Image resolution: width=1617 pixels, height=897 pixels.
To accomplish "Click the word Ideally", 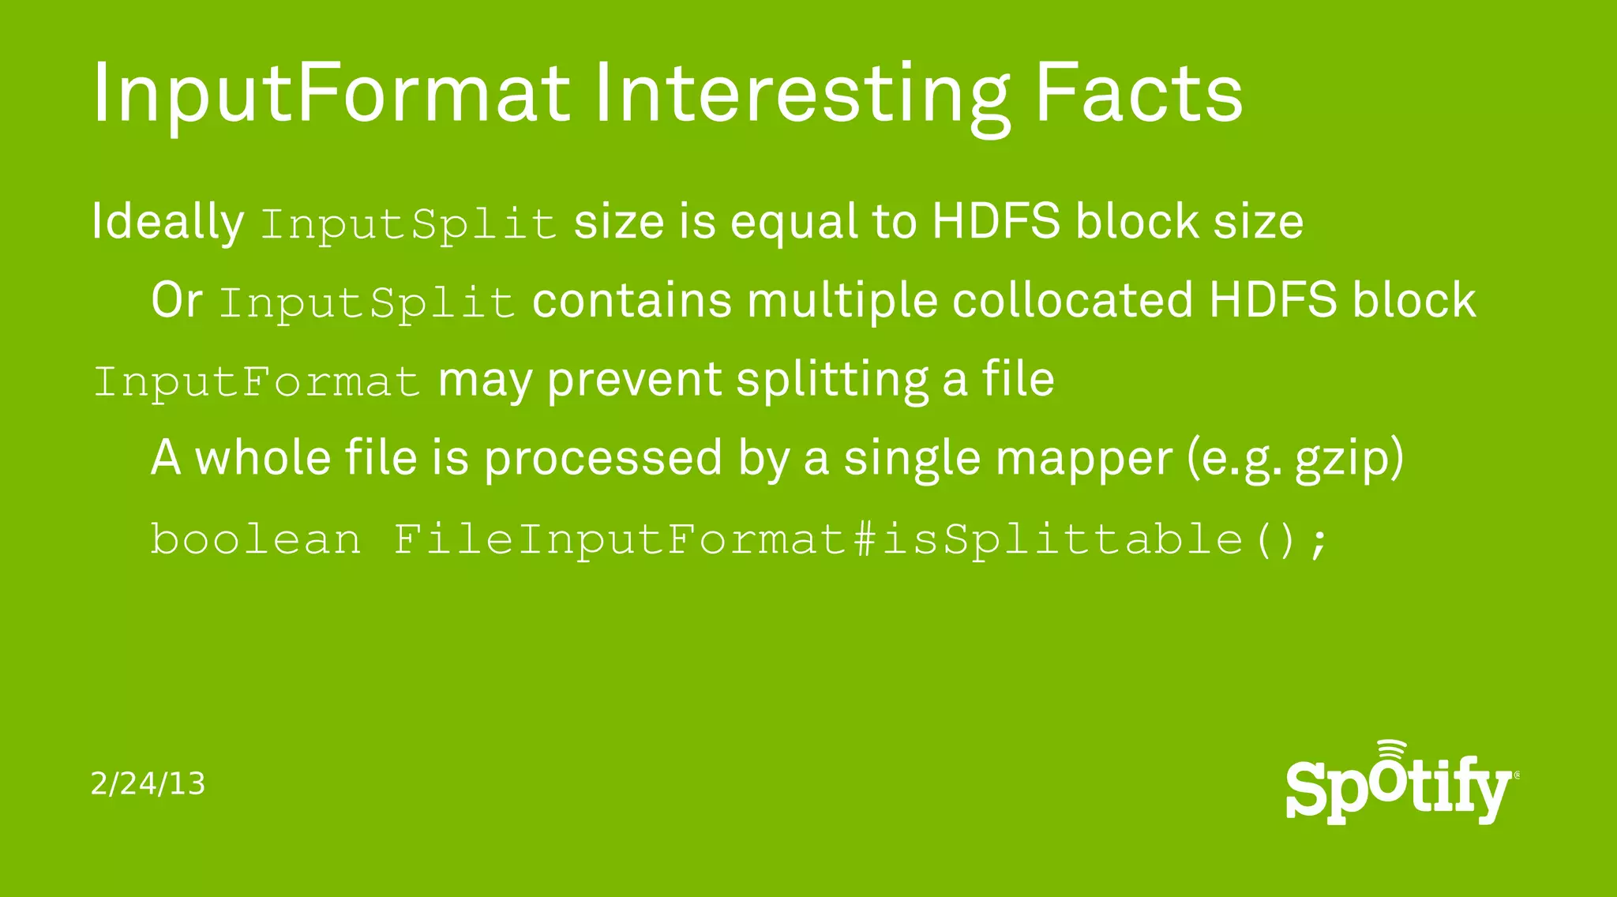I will pyautogui.click(x=167, y=222).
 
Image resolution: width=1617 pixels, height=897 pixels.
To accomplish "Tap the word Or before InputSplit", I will pyautogui.click(x=177, y=301).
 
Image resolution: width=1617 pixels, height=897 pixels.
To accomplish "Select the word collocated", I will pyautogui.click(x=1072, y=301).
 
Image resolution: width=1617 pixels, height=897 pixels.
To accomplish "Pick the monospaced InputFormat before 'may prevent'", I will pyautogui.click(x=257, y=382).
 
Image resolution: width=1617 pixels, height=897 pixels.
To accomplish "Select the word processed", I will pyautogui.click(x=602, y=459).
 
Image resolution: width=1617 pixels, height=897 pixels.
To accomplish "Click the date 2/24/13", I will pyautogui.click(x=148, y=784).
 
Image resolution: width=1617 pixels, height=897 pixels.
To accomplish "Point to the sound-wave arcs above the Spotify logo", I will pyautogui.click(x=1392, y=752).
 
